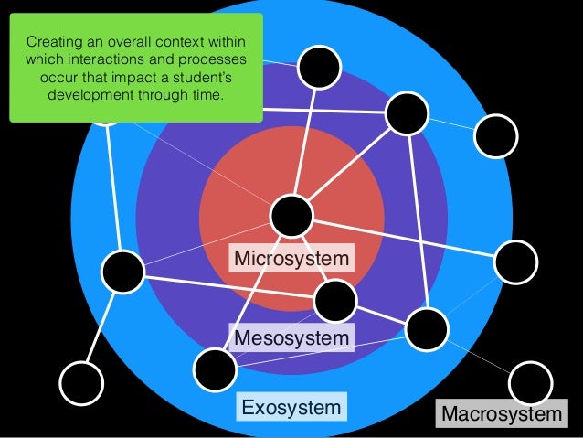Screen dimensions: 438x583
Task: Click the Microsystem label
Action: click(291, 259)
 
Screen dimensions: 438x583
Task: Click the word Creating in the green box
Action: click(53, 42)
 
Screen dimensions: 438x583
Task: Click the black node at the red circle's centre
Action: click(291, 216)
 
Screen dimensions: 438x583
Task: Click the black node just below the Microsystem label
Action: click(334, 300)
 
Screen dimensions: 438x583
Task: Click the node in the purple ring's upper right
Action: click(407, 113)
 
